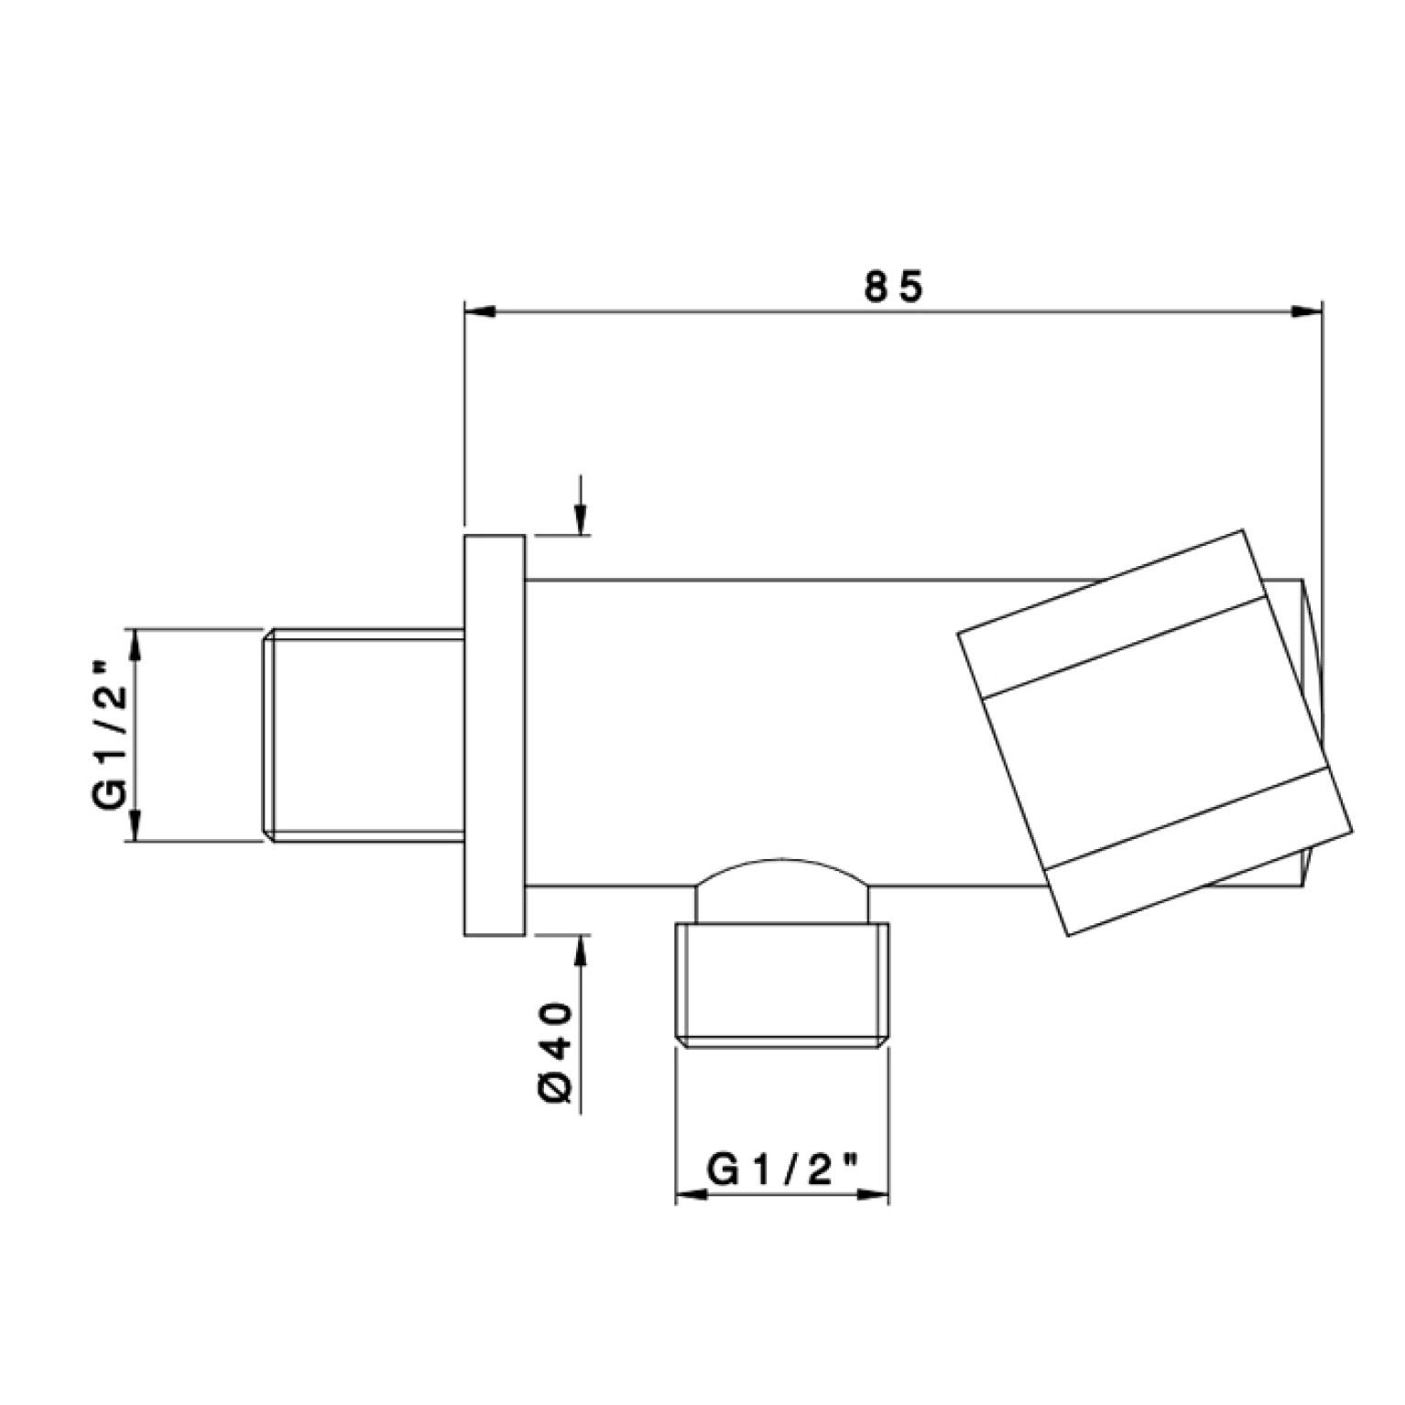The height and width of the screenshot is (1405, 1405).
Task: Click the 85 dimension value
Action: point(894,288)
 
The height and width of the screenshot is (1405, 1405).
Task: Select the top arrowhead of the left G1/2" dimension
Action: point(135,644)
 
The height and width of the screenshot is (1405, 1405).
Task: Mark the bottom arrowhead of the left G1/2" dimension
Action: point(135,825)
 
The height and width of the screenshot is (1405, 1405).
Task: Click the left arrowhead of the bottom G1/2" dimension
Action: point(691,1194)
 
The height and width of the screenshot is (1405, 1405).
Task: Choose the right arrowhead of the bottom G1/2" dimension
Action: point(874,1194)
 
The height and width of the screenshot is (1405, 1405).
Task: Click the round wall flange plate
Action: point(495,735)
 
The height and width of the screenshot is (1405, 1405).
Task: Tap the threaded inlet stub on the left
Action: point(365,735)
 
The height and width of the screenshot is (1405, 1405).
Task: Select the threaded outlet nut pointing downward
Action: point(782,986)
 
